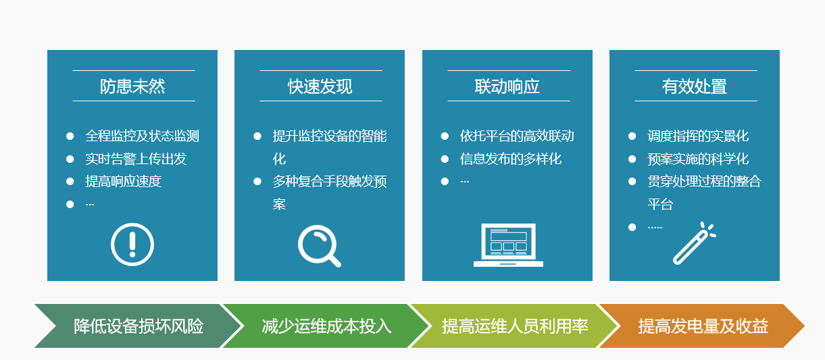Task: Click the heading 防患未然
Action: coord(132,86)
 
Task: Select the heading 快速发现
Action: coord(320,86)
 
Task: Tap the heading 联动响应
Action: coord(507,86)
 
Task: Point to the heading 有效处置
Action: coord(695,86)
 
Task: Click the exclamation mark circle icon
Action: coord(132,244)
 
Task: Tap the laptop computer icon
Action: coord(508,245)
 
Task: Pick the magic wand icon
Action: coord(693,244)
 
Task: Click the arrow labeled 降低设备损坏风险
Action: coord(138,326)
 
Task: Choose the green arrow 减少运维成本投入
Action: coord(326,326)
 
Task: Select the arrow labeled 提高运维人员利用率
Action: coord(515,326)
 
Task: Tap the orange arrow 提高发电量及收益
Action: coord(703,326)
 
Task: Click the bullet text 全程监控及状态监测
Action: coord(142,136)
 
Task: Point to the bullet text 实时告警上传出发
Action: coord(136,159)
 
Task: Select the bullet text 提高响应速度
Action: coord(123,182)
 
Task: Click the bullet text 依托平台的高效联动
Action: coord(517,136)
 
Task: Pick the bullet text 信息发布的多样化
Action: coord(511,159)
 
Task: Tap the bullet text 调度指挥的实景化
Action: coord(698,136)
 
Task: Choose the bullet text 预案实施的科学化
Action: coord(698,159)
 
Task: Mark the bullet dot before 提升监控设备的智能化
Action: coord(257,136)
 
